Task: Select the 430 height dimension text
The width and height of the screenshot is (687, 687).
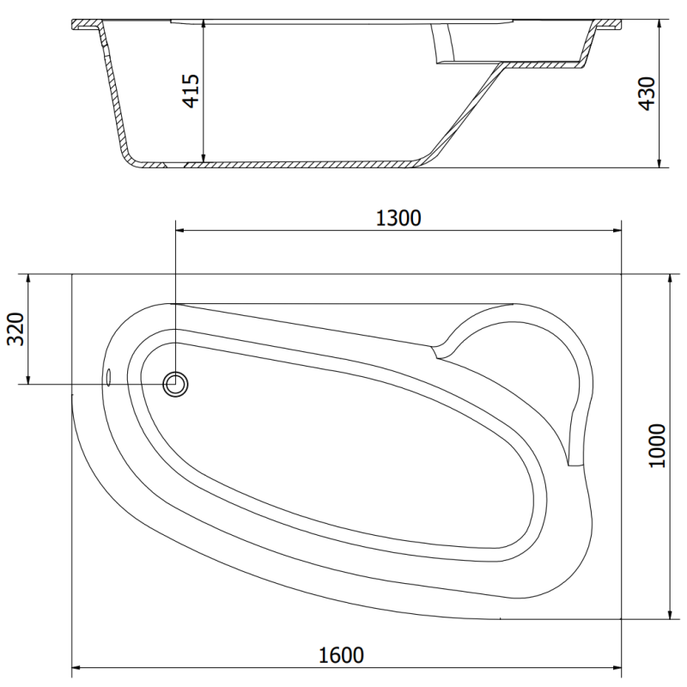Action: [x=647, y=94]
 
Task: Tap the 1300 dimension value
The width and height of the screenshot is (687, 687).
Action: [x=398, y=218]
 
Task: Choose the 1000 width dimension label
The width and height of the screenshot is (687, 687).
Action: [x=657, y=446]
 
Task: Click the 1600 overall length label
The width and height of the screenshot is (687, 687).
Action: [x=340, y=654]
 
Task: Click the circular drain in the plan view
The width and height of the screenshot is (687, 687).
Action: [x=176, y=384]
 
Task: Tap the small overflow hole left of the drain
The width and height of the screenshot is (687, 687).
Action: [x=108, y=377]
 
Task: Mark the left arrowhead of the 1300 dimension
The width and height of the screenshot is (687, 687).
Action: [x=179, y=230]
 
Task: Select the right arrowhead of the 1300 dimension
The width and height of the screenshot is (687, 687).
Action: [x=617, y=230]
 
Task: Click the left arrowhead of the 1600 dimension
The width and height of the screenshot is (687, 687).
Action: [x=76, y=666]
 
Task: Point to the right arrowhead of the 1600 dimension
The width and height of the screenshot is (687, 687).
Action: [x=617, y=666]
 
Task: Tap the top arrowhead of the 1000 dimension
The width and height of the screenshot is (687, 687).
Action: [x=668, y=279]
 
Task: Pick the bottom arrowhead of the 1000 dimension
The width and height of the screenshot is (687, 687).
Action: [x=668, y=613]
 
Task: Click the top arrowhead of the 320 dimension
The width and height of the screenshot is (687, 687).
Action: [x=29, y=279]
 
